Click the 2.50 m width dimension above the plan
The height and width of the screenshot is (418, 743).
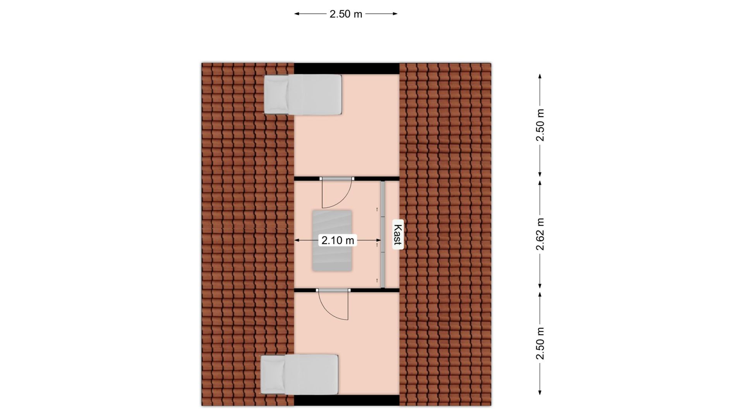click(x=346, y=14)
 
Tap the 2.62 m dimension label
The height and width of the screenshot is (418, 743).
click(x=540, y=234)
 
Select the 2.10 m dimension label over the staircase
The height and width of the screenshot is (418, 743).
click(x=338, y=240)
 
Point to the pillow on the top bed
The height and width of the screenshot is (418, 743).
click(x=276, y=95)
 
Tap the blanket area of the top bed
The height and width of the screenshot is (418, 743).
click(x=314, y=95)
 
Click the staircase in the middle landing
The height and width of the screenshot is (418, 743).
click(x=332, y=240)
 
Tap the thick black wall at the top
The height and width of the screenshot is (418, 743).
click(x=347, y=69)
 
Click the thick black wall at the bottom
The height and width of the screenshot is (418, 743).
click(x=347, y=400)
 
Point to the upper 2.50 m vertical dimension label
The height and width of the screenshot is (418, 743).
click(x=540, y=125)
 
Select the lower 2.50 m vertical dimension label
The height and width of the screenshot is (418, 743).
click(x=540, y=343)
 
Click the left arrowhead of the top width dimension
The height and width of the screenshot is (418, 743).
click(x=297, y=14)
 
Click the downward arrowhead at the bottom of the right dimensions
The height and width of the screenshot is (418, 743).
click(x=540, y=403)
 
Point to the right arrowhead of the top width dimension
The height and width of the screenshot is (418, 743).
click(x=395, y=14)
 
